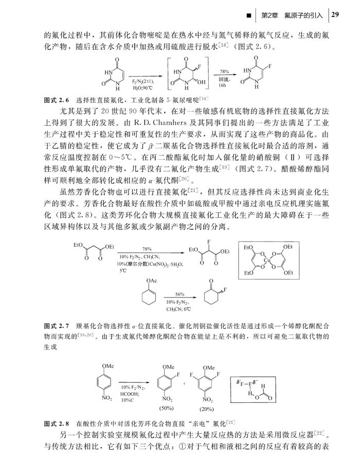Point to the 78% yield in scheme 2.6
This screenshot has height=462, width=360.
224,71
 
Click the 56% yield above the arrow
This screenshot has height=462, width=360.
179,293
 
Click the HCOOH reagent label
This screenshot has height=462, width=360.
129,393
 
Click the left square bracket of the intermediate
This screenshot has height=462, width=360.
169,75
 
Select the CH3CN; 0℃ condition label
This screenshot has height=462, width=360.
178,309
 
